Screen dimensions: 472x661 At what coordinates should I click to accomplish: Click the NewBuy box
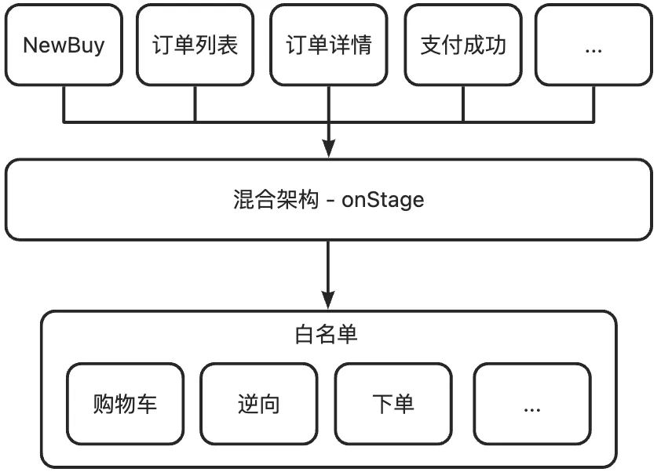click(63, 45)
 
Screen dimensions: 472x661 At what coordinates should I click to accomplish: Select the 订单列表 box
click(195, 45)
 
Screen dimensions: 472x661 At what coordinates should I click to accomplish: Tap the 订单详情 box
click(329, 45)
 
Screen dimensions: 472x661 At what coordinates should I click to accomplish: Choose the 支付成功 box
click(463, 45)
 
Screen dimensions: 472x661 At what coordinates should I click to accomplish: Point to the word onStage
click(383, 200)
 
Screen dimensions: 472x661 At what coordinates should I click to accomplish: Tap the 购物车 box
click(126, 404)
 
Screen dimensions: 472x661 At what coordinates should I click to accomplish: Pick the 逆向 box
click(259, 404)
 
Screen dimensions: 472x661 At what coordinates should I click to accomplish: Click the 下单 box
click(393, 404)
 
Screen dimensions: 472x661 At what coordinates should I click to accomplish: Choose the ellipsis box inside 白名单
click(531, 404)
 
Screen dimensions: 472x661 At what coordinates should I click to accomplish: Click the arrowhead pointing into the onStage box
click(329, 150)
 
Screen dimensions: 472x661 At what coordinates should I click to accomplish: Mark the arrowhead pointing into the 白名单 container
click(329, 300)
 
